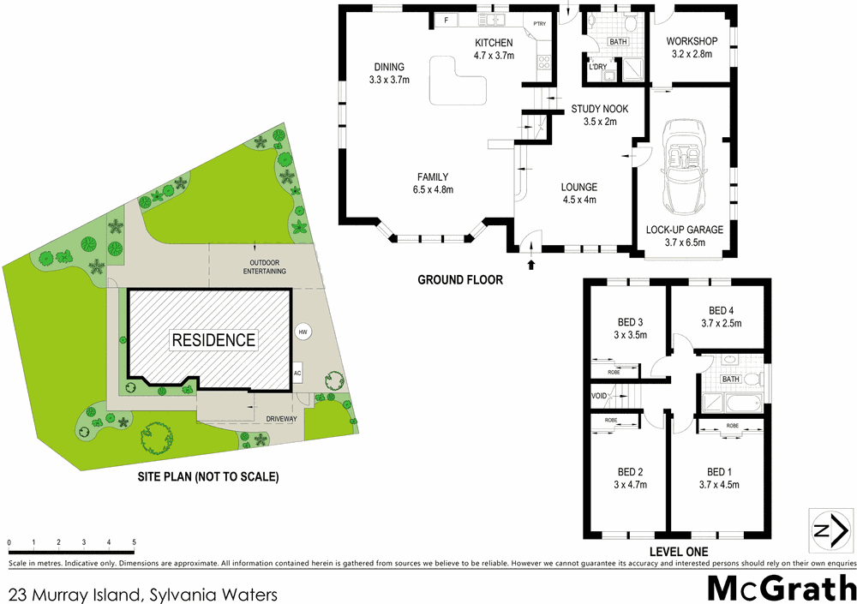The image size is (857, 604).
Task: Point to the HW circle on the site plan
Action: click(x=302, y=332)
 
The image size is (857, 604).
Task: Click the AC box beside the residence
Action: click(x=297, y=374)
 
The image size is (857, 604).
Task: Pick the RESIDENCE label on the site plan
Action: click(x=213, y=340)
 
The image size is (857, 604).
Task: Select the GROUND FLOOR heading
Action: click(x=460, y=279)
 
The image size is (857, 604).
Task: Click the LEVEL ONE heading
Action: click(x=679, y=551)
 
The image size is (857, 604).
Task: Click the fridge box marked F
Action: click(x=446, y=20)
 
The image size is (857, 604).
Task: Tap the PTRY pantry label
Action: click(x=540, y=24)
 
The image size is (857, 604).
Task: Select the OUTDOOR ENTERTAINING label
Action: click(x=267, y=266)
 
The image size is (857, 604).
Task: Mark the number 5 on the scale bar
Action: click(x=134, y=542)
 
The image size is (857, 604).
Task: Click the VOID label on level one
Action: click(x=599, y=396)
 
